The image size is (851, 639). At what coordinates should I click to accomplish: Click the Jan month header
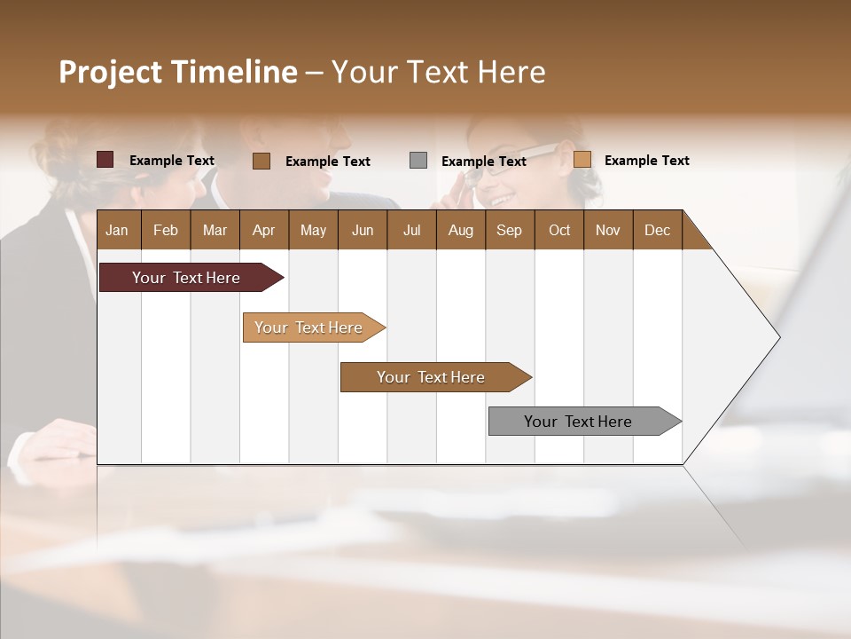pyautogui.click(x=118, y=230)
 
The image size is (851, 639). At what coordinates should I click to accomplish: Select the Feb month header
pyautogui.click(x=166, y=230)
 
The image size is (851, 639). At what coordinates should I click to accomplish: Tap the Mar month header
pyautogui.click(x=215, y=230)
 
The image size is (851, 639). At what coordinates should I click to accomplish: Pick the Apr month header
pyautogui.click(x=264, y=230)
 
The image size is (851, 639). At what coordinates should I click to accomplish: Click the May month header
pyautogui.click(x=313, y=230)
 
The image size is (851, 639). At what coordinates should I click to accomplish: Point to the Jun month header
pyautogui.click(x=363, y=230)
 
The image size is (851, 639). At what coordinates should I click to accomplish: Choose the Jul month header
pyautogui.click(x=411, y=230)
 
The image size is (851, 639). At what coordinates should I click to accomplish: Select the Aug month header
pyautogui.click(x=460, y=230)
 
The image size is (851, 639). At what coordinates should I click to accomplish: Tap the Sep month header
pyautogui.click(x=510, y=230)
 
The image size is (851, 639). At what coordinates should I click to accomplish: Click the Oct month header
pyautogui.click(x=559, y=230)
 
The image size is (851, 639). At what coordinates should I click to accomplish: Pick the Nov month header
pyautogui.click(x=608, y=230)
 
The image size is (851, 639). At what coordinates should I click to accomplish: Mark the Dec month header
pyautogui.click(x=657, y=230)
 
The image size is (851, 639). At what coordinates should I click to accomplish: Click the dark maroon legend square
pyautogui.click(x=105, y=160)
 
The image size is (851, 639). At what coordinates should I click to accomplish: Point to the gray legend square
pyautogui.click(x=418, y=160)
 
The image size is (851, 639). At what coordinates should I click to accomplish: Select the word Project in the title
pyautogui.click(x=110, y=72)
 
